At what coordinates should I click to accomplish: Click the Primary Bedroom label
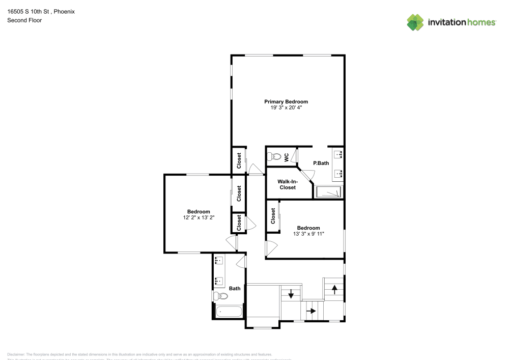(x=286, y=101)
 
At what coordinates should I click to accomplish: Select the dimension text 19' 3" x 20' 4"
(x=286, y=107)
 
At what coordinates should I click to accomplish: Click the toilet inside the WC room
(x=275, y=156)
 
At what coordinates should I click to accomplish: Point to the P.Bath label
(x=321, y=163)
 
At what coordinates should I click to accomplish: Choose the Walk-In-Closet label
(x=287, y=184)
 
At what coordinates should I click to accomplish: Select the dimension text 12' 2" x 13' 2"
(x=198, y=217)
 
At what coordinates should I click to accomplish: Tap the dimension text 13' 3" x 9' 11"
(x=308, y=234)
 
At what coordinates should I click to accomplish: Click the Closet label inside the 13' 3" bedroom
(x=273, y=216)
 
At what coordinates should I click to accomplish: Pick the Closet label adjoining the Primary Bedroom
(x=239, y=161)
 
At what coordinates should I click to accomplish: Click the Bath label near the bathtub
(x=235, y=289)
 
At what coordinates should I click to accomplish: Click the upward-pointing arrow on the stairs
(x=334, y=289)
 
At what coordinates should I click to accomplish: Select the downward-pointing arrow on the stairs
(x=291, y=294)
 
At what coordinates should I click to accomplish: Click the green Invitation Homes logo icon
(x=415, y=22)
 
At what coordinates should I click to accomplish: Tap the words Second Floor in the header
(x=24, y=20)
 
